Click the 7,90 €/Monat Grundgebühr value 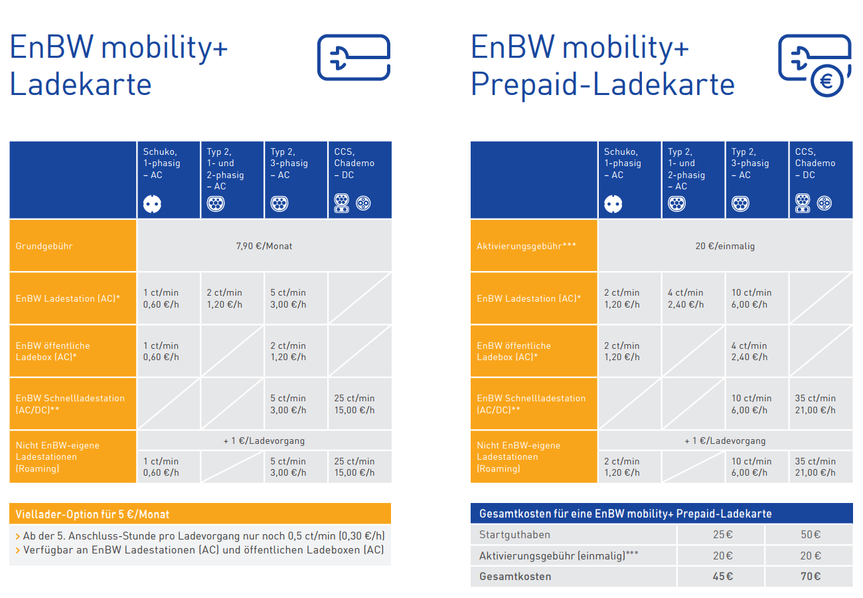point(264,246)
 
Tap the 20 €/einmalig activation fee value point(725,246)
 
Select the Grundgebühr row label point(44,246)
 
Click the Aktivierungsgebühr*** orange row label point(526,246)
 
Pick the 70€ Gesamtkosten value point(811,576)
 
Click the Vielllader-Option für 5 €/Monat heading point(92,514)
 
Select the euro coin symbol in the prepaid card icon point(827,81)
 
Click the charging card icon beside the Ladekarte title point(353,58)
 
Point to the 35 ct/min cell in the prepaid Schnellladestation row point(815,404)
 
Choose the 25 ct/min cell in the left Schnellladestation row point(354,404)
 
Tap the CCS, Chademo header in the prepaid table point(815,163)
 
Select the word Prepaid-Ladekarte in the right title point(602,85)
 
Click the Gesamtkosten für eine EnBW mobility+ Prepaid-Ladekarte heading point(625,514)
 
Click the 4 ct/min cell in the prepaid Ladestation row point(686,298)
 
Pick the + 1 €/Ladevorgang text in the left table point(264,441)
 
